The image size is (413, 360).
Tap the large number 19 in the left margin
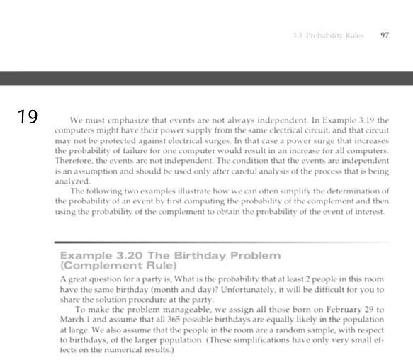click(x=28, y=117)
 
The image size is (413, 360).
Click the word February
click(x=356, y=309)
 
